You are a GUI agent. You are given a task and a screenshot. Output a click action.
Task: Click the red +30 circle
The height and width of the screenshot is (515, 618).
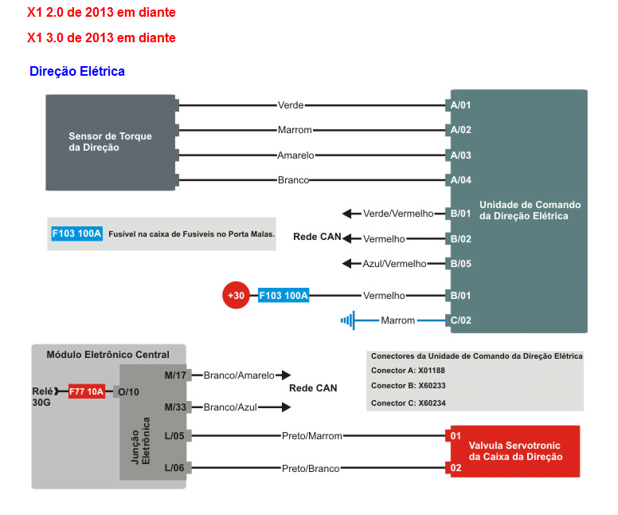point(236,296)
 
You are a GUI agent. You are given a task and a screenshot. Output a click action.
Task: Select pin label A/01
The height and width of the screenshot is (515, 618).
point(461,104)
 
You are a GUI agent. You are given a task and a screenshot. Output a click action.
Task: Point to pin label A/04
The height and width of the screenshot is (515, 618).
point(461,180)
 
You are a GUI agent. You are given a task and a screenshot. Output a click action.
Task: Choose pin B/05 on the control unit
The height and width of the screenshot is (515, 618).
point(461,264)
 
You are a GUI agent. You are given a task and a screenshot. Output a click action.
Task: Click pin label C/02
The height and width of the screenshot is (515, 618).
point(461,320)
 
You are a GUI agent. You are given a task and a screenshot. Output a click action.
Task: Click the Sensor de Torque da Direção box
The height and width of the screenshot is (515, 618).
point(110,142)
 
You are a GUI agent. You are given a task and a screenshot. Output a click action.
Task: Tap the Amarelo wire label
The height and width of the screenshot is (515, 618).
point(295,155)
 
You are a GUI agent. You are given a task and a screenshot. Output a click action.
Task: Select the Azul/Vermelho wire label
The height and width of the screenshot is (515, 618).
point(394,264)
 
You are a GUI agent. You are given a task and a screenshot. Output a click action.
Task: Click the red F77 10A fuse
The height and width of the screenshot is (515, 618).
point(87,391)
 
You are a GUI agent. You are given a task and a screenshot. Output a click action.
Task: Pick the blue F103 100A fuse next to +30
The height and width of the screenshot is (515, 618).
point(284,296)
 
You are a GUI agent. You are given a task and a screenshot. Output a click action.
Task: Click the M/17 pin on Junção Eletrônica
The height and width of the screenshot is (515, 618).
point(175,375)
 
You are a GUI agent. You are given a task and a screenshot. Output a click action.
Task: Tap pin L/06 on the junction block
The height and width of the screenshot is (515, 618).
point(175,468)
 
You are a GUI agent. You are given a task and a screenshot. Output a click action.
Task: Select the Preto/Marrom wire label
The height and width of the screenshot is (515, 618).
point(312,436)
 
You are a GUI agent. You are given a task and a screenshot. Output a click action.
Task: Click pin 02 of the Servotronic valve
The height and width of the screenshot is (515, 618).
point(456,468)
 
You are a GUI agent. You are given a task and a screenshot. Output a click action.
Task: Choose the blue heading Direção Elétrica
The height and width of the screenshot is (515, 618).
point(77,71)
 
